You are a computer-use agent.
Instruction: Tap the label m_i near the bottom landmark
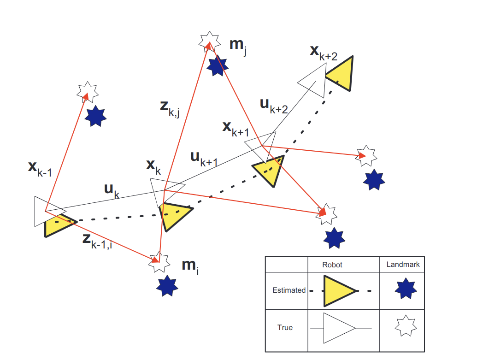coord(190,266)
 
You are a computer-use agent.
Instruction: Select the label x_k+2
coord(324,53)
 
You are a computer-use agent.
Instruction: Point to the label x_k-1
coord(40,169)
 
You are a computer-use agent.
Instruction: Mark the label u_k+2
coord(274,107)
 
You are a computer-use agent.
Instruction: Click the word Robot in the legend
coord(332,265)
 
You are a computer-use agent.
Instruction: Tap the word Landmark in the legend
coord(402,265)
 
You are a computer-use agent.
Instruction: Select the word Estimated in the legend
coord(289,290)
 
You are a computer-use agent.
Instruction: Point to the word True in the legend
coord(285,328)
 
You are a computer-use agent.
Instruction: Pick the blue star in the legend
coord(406,289)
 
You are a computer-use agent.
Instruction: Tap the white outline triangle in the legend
coord(338,328)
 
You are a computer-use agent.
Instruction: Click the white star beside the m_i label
coord(159,263)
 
